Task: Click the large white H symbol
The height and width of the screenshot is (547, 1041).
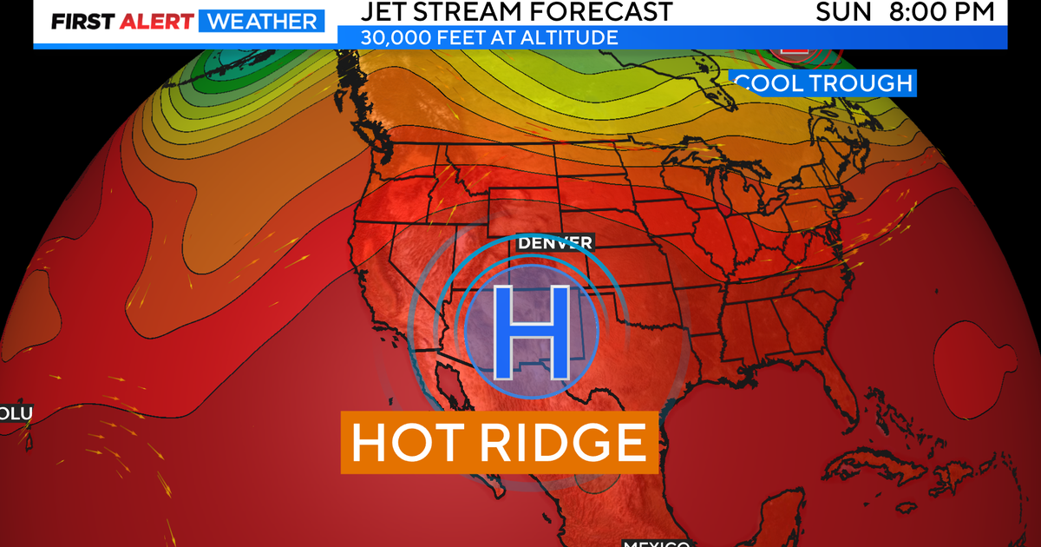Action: pos(529,333)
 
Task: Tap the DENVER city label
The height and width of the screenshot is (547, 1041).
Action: pos(555,242)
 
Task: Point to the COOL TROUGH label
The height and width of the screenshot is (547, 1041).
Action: pos(823,83)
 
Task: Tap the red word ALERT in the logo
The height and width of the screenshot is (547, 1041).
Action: pos(158,22)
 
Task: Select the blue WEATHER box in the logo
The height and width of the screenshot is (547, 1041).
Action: pos(260,22)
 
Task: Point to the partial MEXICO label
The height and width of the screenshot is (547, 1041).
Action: pos(656,543)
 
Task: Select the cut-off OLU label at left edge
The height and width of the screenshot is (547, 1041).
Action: pos(16,414)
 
